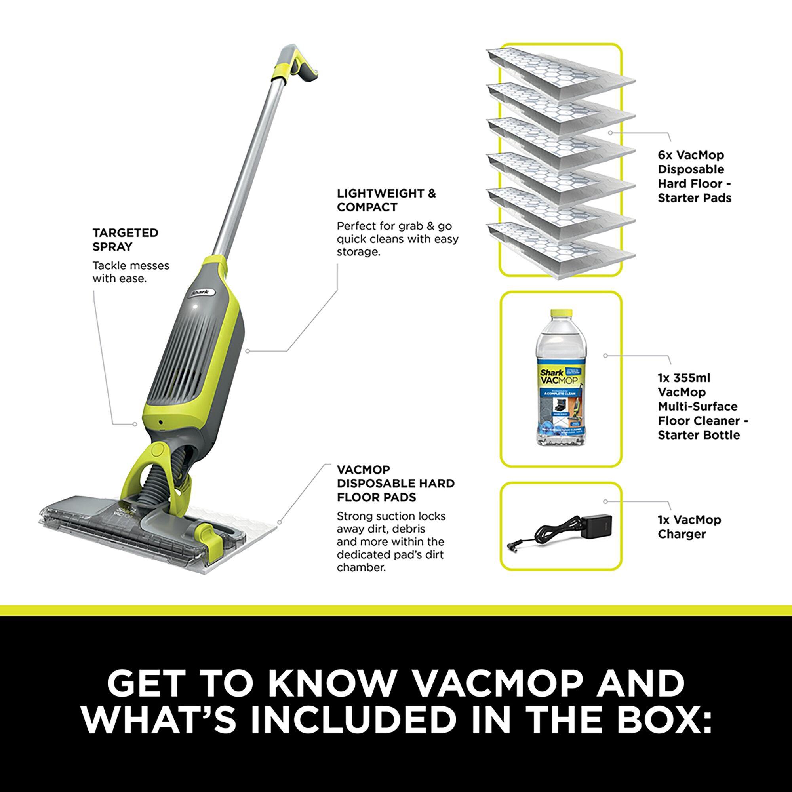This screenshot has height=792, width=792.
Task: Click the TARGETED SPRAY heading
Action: pyautogui.click(x=125, y=240)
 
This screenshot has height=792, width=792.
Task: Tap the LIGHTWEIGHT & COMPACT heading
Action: pyautogui.click(x=386, y=200)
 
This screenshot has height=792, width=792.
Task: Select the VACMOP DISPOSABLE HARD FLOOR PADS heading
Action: pyautogui.click(x=395, y=483)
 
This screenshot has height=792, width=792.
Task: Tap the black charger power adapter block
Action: pyautogui.click(x=600, y=527)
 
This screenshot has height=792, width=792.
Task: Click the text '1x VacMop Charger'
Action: pyautogui.click(x=689, y=527)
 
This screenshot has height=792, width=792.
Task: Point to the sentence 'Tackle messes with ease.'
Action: pyautogui.click(x=130, y=272)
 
